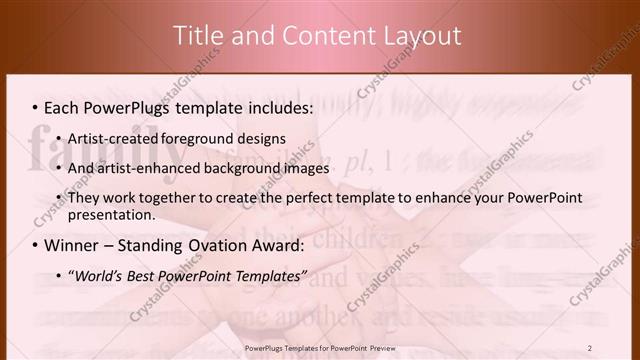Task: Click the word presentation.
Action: pyautogui.click(x=110, y=214)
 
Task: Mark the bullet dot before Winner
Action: pyautogui.click(x=35, y=245)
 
